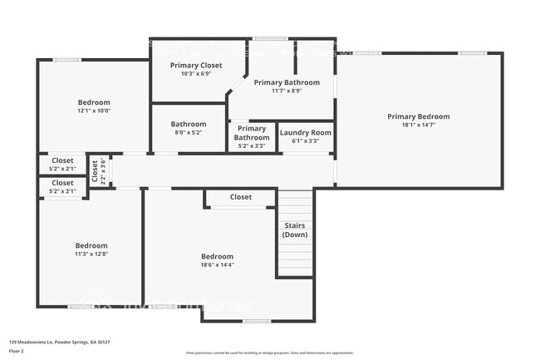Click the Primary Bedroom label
click(x=418, y=116)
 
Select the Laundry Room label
click(x=305, y=132)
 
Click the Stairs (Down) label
click(x=295, y=229)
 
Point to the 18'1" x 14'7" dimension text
click(x=418, y=126)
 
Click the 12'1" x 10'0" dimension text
click(x=94, y=110)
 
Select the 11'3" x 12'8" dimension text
click(x=91, y=255)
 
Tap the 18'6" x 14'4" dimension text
click(x=217, y=265)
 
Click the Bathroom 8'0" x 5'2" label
click(x=187, y=127)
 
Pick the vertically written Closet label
click(x=95, y=171)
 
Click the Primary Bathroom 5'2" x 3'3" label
click(x=251, y=137)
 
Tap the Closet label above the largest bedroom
click(x=240, y=197)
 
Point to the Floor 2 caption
click(x=17, y=351)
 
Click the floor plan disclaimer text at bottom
click(x=269, y=353)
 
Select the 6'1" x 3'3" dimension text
click(x=305, y=141)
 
